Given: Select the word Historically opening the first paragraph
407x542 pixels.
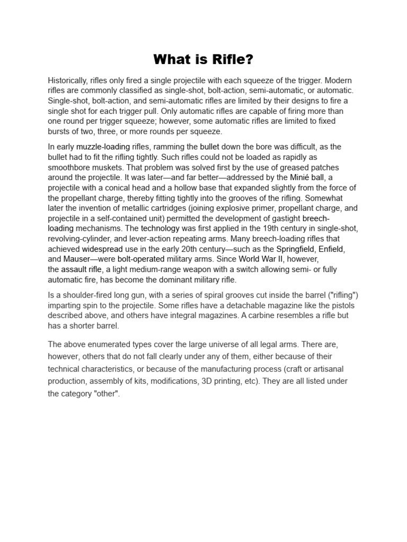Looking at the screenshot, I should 68,80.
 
